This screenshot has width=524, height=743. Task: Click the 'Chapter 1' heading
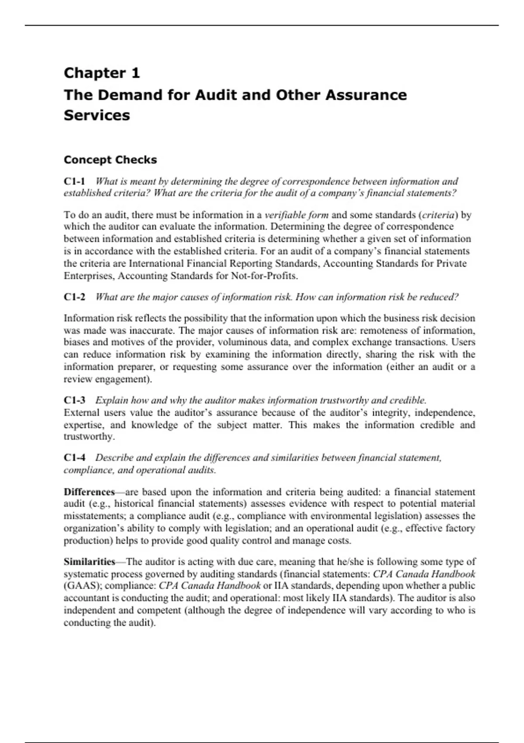click(102, 73)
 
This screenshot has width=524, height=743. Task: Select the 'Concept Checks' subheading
click(110, 160)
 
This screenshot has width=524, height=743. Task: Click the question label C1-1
click(74, 181)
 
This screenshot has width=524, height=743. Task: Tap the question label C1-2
click(74, 297)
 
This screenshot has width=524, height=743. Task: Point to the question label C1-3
click(74, 400)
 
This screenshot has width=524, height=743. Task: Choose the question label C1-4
click(74, 458)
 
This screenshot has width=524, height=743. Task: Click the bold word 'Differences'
click(89, 492)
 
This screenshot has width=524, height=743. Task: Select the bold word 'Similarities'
click(90, 562)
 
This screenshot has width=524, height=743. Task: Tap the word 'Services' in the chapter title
click(97, 115)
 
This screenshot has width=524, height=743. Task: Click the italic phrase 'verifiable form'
click(296, 215)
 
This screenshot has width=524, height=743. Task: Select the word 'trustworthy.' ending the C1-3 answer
click(89, 437)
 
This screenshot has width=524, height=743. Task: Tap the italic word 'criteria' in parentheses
click(439, 215)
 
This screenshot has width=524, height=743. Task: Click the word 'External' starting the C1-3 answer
click(81, 413)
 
